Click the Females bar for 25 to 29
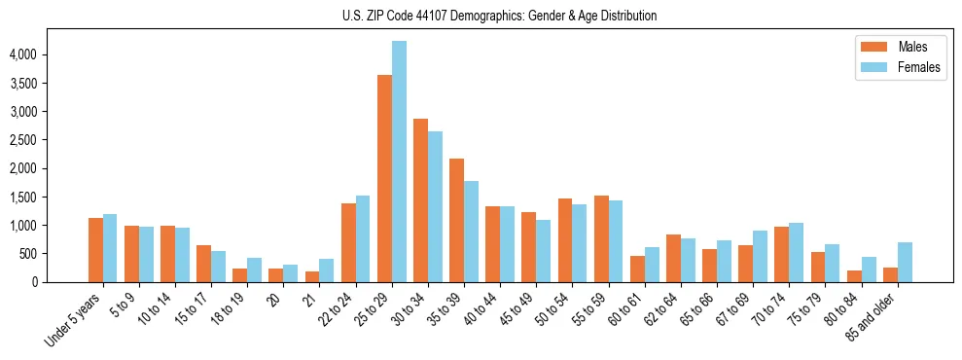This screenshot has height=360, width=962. [399, 162]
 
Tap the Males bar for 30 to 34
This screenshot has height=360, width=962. [420, 200]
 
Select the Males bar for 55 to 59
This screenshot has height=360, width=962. [601, 239]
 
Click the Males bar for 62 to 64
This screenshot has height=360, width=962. [673, 259]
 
